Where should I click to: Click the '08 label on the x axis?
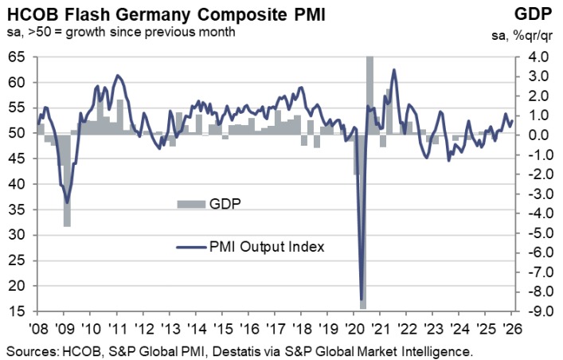tap(37, 328)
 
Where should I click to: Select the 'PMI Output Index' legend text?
tap(267, 246)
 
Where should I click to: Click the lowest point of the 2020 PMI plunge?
tap(362, 299)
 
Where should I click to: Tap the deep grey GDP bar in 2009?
tap(67, 180)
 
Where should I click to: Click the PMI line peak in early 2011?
tap(118, 76)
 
